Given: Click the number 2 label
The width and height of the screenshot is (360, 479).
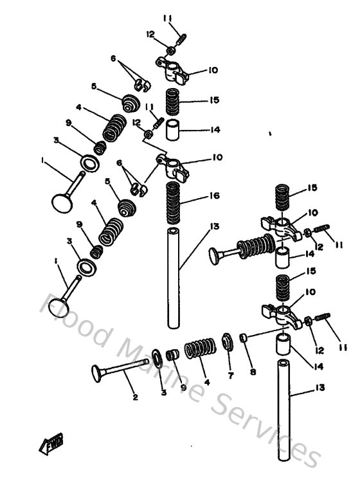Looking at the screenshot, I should point(134,397).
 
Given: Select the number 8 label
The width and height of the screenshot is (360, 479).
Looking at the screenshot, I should point(252,372).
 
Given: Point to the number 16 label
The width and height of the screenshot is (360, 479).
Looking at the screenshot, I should point(214,196).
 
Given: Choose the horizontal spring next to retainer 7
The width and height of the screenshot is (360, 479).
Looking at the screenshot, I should point(197,350).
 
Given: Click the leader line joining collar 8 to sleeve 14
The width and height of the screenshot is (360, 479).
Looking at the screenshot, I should point(264,334).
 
